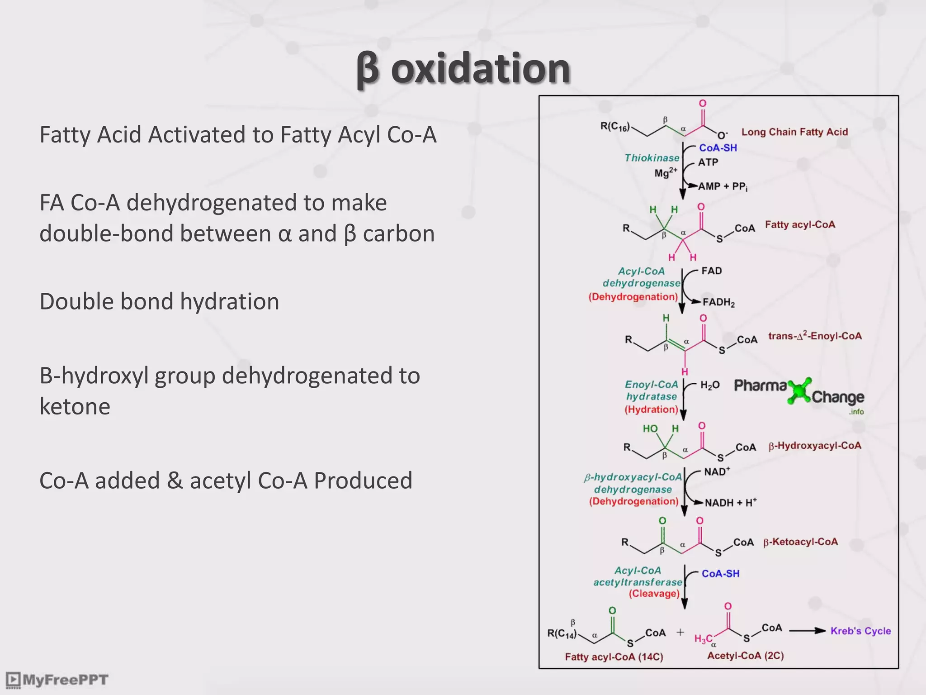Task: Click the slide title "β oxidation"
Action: click(x=463, y=69)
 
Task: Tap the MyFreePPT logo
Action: click(x=57, y=680)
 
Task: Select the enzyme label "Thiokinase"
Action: click(x=652, y=158)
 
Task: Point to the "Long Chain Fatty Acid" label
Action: click(x=794, y=132)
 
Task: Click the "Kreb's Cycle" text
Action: click(x=860, y=631)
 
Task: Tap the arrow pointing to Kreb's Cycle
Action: click(x=807, y=631)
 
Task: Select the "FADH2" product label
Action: click(x=718, y=302)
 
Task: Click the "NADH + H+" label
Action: click(x=730, y=503)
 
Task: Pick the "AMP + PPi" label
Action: click(x=723, y=186)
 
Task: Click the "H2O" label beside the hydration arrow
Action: click(x=709, y=385)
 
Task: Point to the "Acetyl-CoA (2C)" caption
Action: click(x=745, y=656)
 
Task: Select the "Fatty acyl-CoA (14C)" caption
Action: click(x=614, y=657)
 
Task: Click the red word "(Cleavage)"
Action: click(x=654, y=594)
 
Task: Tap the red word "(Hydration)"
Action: click(x=651, y=409)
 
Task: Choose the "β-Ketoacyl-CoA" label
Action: click(x=800, y=542)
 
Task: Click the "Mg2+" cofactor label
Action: click(x=666, y=173)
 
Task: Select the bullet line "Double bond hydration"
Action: click(x=159, y=301)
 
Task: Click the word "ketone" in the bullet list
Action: click(x=75, y=406)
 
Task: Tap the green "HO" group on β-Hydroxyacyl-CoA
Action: click(x=650, y=428)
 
